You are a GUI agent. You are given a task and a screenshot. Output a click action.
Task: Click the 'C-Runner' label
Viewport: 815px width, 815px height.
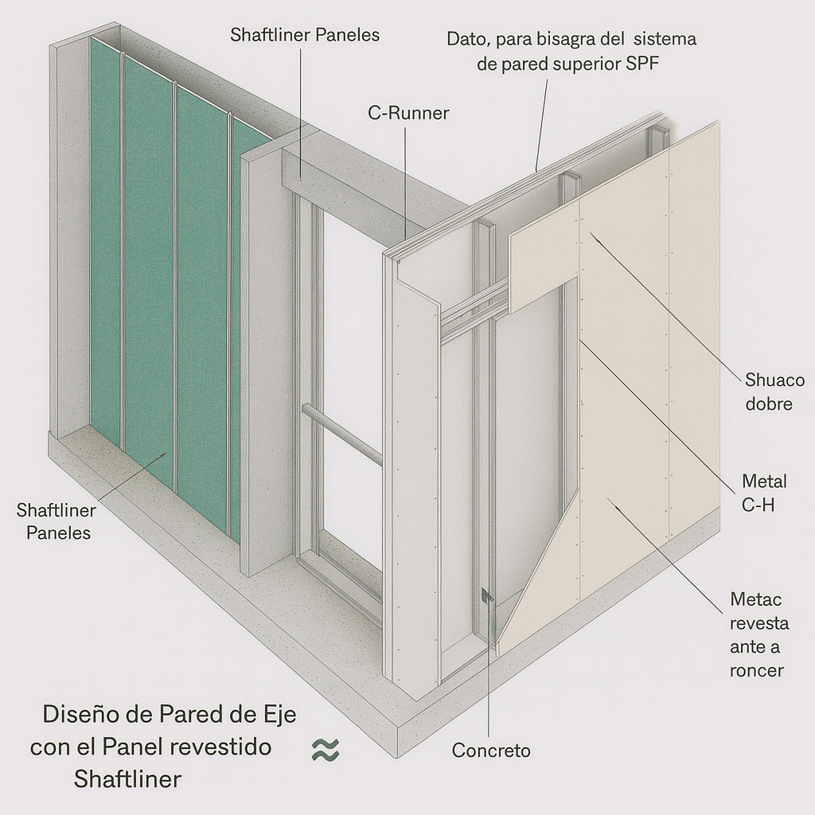(408, 113)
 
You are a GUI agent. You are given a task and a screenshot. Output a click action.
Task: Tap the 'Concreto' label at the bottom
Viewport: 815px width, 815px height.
(490, 751)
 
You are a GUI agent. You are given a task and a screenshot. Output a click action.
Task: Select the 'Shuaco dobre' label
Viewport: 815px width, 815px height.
(769, 391)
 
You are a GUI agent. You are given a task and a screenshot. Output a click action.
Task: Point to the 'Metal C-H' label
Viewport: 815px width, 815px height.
(764, 493)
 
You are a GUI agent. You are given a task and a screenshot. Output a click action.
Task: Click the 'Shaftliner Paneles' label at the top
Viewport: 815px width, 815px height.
(305, 36)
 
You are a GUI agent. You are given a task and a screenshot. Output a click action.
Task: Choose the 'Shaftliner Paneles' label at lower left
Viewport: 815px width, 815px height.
(57, 521)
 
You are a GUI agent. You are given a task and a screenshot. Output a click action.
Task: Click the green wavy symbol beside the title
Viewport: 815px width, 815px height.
(326, 749)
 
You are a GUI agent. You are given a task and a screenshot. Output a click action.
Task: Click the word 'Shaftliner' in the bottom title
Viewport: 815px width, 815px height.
(127, 778)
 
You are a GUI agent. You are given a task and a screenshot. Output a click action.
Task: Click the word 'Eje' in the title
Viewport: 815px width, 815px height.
(278, 714)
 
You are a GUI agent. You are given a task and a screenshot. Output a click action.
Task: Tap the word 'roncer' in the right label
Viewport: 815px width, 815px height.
(757, 670)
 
